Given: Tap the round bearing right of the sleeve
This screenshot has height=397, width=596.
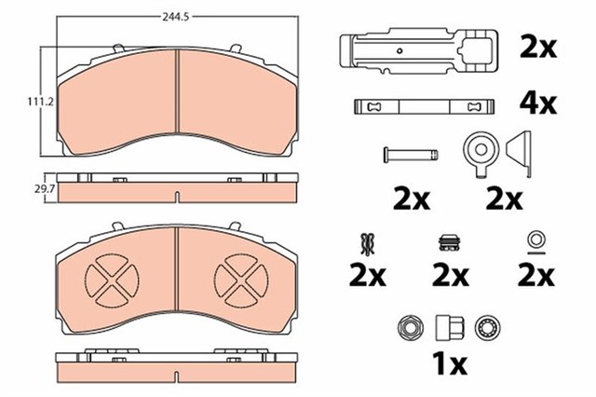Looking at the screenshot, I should (486, 327).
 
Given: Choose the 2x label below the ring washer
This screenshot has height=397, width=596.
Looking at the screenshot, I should (536, 276).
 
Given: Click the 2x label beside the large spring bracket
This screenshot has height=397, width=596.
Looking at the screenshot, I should (538, 47).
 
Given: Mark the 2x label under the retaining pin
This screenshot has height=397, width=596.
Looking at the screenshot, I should (410, 198).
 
